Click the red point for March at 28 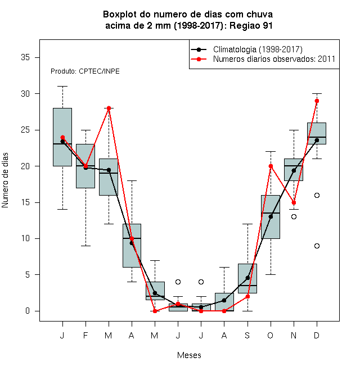(109, 108)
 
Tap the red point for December (317, 101)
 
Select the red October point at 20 (271, 166)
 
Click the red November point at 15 (294, 202)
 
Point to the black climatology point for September (247, 278)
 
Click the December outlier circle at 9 (317, 246)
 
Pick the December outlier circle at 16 (317, 195)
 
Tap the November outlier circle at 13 (294, 216)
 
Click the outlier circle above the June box (178, 282)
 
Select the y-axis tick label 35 (25, 57)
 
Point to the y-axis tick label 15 (25, 202)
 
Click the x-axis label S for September (247, 335)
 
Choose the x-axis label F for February (85, 335)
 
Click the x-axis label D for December (317, 335)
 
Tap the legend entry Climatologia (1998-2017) (247, 49)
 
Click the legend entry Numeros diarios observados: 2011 (263, 59)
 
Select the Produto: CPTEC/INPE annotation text (85, 71)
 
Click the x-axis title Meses (189, 355)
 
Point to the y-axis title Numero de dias (5, 180)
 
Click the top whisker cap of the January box (63, 87)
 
